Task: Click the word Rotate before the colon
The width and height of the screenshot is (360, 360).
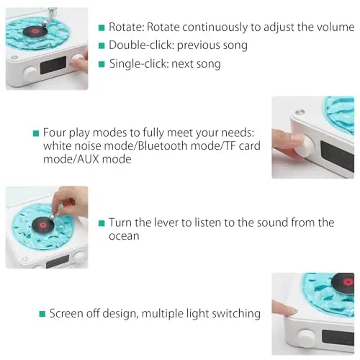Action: [x=125, y=27]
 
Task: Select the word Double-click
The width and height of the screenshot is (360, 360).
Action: [x=140, y=45]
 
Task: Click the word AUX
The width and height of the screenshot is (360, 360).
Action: [x=89, y=159]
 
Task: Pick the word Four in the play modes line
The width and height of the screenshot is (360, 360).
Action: [x=55, y=132]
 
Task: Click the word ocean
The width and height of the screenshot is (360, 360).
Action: [x=124, y=236]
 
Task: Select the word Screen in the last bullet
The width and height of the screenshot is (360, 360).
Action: [x=66, y=313]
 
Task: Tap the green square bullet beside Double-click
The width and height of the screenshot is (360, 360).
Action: [x=102, y=45]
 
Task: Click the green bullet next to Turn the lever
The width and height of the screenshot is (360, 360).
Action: [x=102, y=223]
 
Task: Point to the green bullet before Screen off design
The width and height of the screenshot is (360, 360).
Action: [x=42, y=314]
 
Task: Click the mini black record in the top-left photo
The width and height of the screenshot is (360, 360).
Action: [x=35, y=31]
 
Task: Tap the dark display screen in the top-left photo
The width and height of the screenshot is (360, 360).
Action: [x=53, y=65]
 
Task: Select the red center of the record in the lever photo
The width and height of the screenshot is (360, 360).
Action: [x=43, y=225]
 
